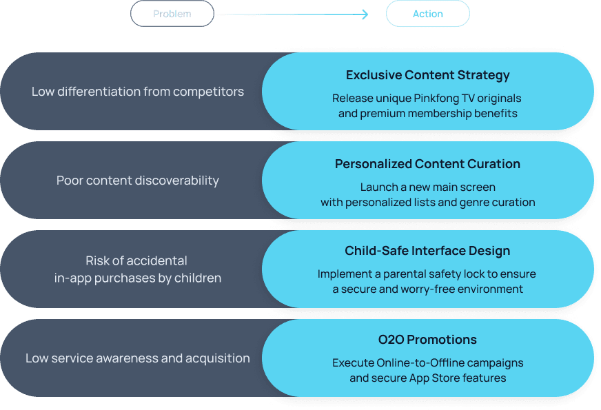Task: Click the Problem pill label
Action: [x=172, y=14]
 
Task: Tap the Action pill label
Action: [x=427, y=14]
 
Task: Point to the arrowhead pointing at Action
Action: [x=365, y=14]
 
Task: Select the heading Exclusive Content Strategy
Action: [x=427, y=75]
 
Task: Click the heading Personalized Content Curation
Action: [x=427, y=164]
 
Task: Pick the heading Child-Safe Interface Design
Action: [x=427, y=251]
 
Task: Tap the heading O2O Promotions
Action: [x=427, y=340]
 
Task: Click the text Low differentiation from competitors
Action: [x=138, y=92]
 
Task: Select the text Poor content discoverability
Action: [x=138, y=181]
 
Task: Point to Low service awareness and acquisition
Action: [x=138, y=358]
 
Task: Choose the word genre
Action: [x=469, y=203]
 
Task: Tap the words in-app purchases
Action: [x=103, y=278]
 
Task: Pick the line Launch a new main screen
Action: [x=427, y=187]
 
